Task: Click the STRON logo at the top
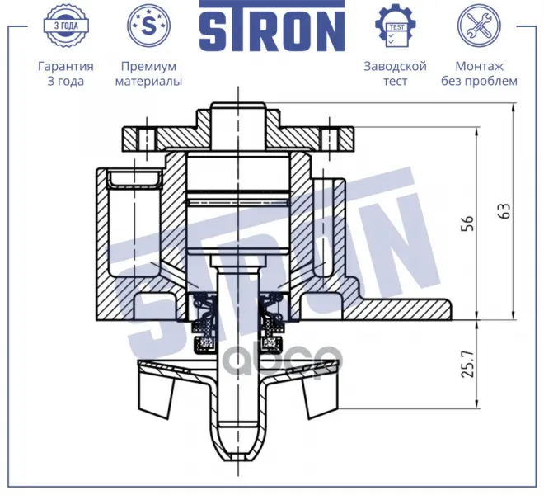tap(272, 26)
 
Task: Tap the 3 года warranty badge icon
tap(66, 26)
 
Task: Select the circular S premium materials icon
tap(149, 26)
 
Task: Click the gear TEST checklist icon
tap(396, 26)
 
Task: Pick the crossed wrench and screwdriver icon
tap(479, 26)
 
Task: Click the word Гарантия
tap(66, 66)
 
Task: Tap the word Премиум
tap(149, 66)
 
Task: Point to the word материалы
tap(149, 82)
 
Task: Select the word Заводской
tap(395, 66)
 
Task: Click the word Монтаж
tap(479, 66)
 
